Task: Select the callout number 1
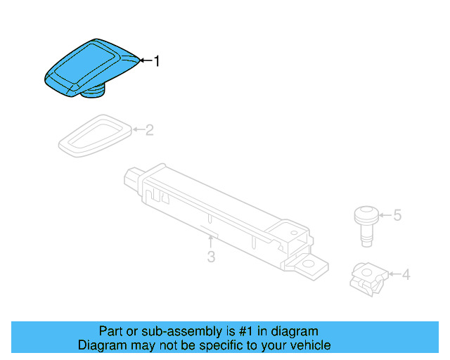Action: click(157, 61)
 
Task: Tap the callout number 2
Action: click(149, 129)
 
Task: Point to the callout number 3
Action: click(211, 257)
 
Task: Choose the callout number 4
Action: click(405, 274)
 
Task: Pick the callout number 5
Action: click(397, 214)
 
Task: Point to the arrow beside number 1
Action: click(144, 61)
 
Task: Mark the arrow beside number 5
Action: click(383, 214)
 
